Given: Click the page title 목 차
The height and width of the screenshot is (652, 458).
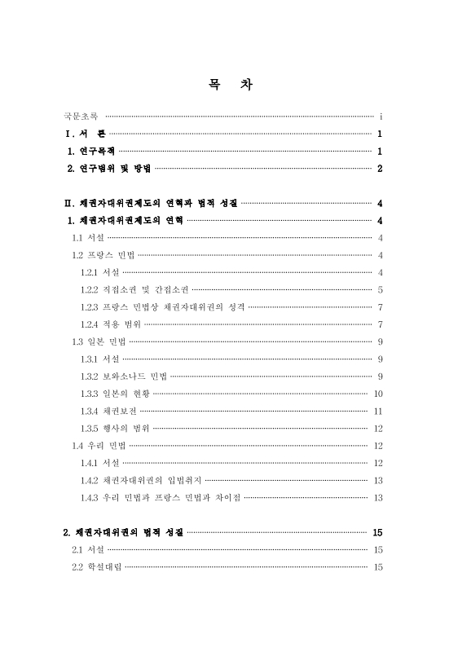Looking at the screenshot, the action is (228, 85).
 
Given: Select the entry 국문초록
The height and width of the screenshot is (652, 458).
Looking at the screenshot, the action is (81, 117).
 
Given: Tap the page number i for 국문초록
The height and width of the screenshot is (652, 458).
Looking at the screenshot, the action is (381, 117).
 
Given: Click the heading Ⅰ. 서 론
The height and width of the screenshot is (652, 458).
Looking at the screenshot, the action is (85, 134).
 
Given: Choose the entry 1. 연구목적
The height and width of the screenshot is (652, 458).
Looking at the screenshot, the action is (92, 152).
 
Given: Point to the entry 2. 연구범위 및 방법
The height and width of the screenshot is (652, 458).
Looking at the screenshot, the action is (109, 169).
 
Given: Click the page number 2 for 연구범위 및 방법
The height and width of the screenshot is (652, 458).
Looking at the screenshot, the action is (380, 169).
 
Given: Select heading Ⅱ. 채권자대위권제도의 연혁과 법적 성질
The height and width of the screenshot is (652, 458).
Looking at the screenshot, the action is (151, 203).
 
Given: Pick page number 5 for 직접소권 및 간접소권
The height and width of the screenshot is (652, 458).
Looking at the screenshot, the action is (381, 289).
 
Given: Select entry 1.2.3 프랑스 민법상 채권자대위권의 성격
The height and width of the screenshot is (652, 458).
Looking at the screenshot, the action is (162, 306).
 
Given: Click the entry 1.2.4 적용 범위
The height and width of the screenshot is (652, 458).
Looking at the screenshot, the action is (110, 324).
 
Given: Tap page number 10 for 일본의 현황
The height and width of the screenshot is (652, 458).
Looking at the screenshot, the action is (378, 393).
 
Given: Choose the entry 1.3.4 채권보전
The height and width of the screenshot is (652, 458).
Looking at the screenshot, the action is (108, 410).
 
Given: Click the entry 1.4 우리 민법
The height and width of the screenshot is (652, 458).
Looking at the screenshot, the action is (98, 445).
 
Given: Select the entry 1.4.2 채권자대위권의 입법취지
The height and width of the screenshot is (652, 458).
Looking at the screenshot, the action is (140, 479).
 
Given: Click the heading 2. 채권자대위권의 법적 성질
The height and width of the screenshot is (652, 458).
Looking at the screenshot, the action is (124, 532).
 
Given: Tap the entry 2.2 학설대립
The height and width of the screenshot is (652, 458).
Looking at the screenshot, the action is (96, 566).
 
